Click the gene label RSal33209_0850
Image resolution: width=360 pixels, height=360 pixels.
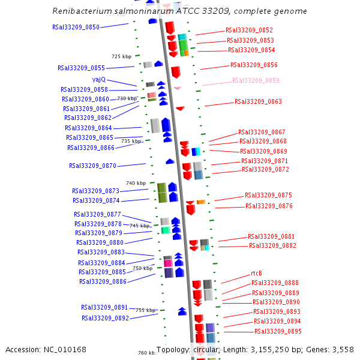click(x=76, y=27)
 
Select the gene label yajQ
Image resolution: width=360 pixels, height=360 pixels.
click(x=99, y=79)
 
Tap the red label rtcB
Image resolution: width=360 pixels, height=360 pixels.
click(x=256, y=274)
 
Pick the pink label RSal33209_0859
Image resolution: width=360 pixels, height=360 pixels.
click(x=256, y=80)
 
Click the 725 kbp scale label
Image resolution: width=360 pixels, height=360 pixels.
click(x=121, y=56)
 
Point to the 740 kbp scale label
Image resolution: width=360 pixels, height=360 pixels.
click(x=136, y=183)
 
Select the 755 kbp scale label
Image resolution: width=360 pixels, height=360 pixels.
click(x=145, y=310)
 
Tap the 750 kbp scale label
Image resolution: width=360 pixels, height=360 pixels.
click(x=142, y=268)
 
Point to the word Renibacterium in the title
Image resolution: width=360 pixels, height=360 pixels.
click(x=80, y=11)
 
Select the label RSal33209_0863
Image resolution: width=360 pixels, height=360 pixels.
click(x=258, y=102)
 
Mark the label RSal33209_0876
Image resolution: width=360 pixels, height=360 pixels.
click(x=269, y=206)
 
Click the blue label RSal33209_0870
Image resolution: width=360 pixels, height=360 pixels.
click(x=92, y=166)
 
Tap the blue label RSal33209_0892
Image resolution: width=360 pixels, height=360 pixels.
click(x=105, y=318)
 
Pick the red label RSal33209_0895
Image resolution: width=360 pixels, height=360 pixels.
click(x=278, y=331)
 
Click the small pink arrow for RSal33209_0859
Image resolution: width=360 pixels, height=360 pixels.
click(x=178, y=88)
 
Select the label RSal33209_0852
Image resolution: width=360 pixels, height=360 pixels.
click(x=249, y=30)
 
